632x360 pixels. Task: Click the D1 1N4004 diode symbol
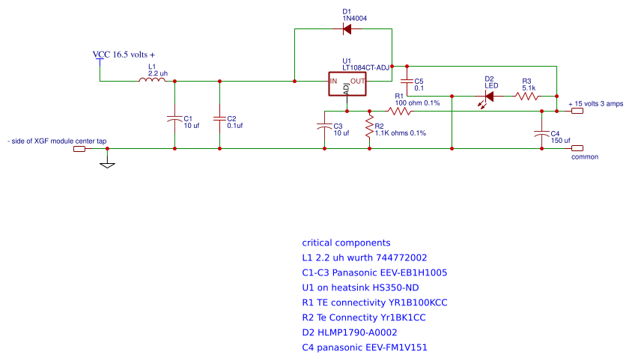(347, 29)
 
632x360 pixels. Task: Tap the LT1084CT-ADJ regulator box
(348, 84)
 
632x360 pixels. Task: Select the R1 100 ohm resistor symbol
(400, 111)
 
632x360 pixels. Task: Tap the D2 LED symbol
(489, 96)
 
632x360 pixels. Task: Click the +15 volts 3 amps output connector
(577, 111)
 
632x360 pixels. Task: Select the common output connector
(577, 148)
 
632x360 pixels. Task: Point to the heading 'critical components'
(346, 243)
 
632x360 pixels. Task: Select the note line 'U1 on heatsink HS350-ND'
(359, 287)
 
